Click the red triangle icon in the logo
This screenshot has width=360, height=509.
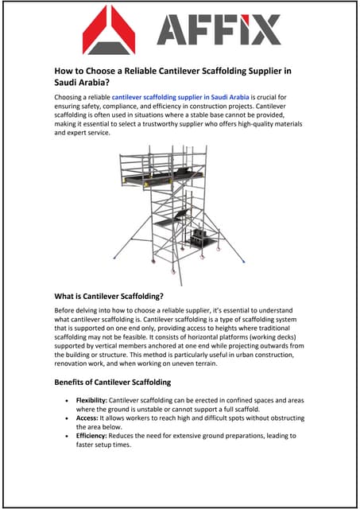point(109,29)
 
